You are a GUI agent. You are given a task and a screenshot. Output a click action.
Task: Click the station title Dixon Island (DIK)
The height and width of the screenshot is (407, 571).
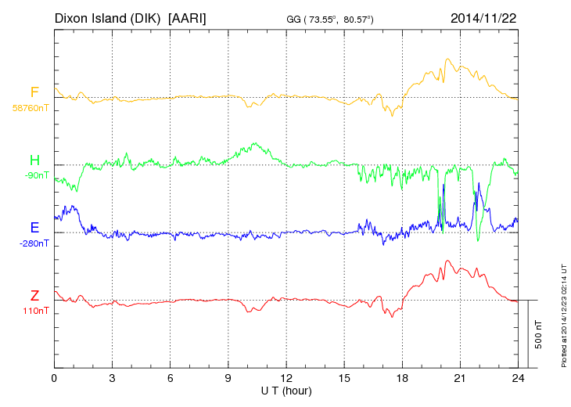[108, 16]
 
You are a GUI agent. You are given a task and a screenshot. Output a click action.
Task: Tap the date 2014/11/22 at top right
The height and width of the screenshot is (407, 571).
[483, 16]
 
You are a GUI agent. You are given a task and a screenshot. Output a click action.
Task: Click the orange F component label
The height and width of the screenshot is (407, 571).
[34, 92]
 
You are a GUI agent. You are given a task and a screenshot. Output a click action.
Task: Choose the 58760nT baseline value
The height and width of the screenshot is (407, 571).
[31, 108]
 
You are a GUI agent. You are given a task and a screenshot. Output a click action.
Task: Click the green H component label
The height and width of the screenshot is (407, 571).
[34, 160]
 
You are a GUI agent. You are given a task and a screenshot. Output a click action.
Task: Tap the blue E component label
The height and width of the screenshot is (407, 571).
[34, 228]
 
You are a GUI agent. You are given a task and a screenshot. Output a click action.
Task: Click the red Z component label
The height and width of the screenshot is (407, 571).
[34, 296]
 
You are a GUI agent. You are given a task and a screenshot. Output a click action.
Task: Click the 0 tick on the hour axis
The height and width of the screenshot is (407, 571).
[54, 378]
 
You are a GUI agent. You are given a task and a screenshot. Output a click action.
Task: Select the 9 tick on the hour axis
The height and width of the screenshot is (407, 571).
[228, 378]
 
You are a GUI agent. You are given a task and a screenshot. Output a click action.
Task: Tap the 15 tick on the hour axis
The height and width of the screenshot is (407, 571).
[344, 378]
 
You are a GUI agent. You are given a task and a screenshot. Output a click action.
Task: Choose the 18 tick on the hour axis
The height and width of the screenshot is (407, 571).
[402, 378]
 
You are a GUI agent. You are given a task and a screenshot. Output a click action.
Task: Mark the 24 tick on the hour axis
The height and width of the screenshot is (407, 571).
[518, 378]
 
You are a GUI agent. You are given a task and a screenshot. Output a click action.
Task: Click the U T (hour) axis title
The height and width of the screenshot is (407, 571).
[285, 390]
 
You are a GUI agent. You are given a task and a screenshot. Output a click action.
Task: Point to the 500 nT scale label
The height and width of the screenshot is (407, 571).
[539, 333]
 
